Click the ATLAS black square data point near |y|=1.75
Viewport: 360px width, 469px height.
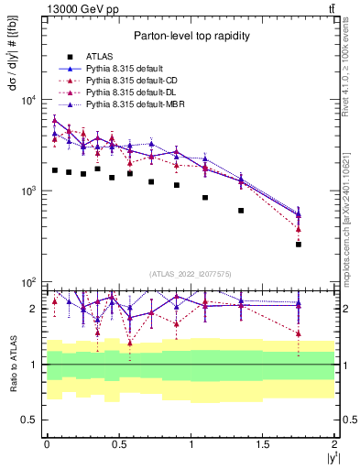tap(299, 244)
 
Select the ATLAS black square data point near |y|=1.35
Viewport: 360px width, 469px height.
tap(241, 211)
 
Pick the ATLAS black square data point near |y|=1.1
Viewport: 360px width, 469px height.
tap(205, 197)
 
